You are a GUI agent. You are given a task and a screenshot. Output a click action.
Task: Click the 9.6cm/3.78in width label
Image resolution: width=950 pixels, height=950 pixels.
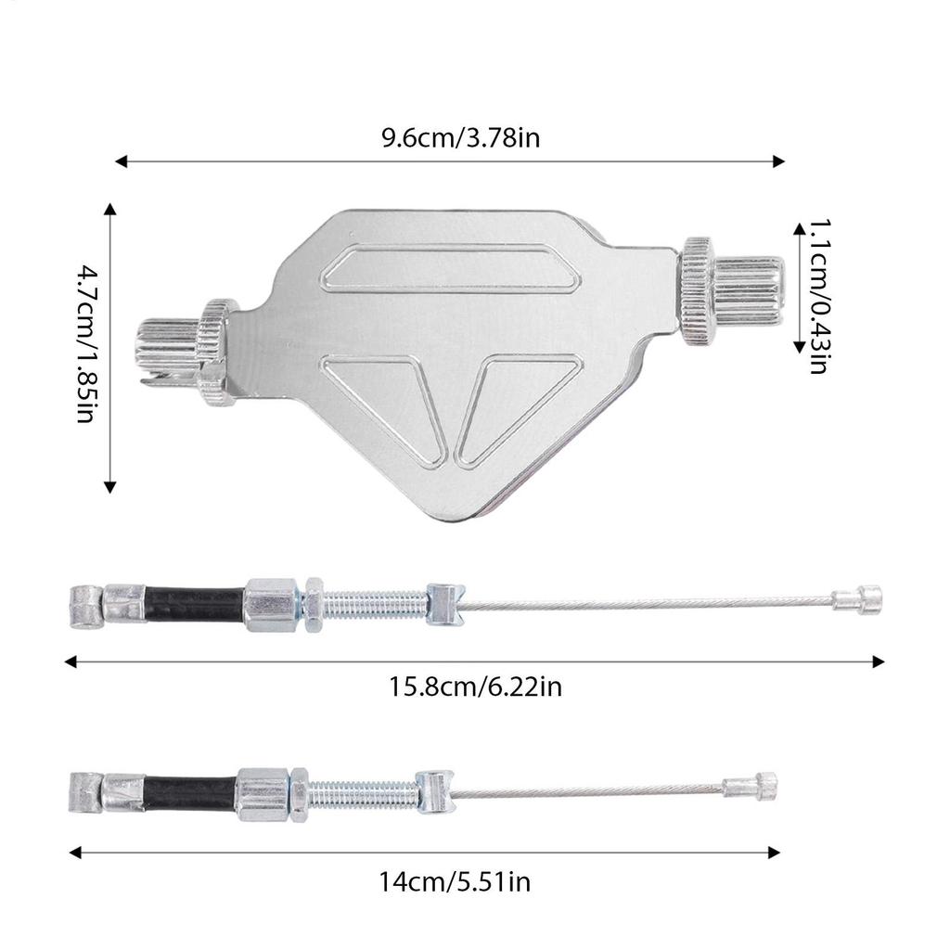(461, 138)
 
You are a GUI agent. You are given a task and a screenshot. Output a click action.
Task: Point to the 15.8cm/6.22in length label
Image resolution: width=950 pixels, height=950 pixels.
(475, 687)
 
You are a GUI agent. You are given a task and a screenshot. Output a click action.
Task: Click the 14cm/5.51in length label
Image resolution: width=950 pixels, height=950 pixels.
(455, 880)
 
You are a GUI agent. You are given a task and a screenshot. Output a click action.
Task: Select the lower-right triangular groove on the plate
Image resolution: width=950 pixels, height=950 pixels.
(506, 408)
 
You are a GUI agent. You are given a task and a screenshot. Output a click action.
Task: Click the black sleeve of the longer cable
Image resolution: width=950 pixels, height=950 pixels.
(195, 604)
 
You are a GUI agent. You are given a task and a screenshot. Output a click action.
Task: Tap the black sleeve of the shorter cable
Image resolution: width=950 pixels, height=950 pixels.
(189, 794)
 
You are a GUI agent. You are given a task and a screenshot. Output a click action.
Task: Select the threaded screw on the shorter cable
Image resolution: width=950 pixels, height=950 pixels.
(362, 794)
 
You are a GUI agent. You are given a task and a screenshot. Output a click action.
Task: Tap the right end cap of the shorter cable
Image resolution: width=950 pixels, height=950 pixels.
(752, 787)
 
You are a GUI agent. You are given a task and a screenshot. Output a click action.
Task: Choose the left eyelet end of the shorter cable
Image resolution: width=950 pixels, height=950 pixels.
(85, 793)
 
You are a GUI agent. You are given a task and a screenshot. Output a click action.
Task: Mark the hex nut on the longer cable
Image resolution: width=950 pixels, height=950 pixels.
(314, 605)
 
